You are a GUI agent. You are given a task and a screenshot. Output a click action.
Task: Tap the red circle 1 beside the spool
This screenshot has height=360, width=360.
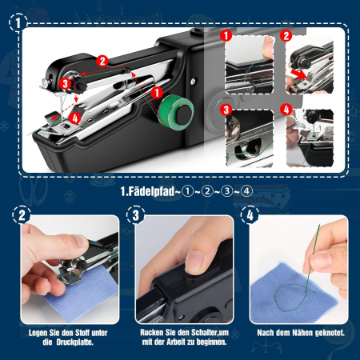point(157,93)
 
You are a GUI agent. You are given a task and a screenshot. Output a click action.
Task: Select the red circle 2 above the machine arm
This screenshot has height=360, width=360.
point(102,61)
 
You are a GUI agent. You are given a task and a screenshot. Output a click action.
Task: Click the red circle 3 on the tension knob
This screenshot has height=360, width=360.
point(65,83)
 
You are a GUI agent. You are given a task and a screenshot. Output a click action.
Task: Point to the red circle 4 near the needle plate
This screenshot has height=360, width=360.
point(75,118)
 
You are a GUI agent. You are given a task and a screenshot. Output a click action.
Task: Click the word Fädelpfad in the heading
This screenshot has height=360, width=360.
point(151,191)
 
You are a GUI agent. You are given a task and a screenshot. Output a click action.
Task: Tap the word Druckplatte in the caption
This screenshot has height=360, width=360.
point(74,342)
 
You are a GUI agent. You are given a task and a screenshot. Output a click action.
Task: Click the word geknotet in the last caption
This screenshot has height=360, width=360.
point(330,333)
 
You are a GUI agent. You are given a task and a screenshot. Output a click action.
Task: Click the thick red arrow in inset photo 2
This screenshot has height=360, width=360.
point(298,74)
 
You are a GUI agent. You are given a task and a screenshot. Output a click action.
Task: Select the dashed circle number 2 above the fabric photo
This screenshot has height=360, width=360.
point(22,215)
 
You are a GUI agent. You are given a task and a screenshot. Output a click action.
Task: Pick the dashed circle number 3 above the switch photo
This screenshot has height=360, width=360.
point(136,215)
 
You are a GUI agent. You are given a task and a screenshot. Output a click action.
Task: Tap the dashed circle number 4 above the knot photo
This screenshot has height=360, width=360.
point(250,215)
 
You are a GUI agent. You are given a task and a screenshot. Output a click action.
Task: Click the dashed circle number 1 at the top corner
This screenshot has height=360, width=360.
point(18,22)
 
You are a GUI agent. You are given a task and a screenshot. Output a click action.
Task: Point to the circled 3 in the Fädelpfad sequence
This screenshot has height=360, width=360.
point(226,191)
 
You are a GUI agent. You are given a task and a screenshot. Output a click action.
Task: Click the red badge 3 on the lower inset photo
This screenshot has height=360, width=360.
point(226,110)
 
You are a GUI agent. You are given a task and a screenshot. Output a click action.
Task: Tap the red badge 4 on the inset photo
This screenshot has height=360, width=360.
point(286,110)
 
